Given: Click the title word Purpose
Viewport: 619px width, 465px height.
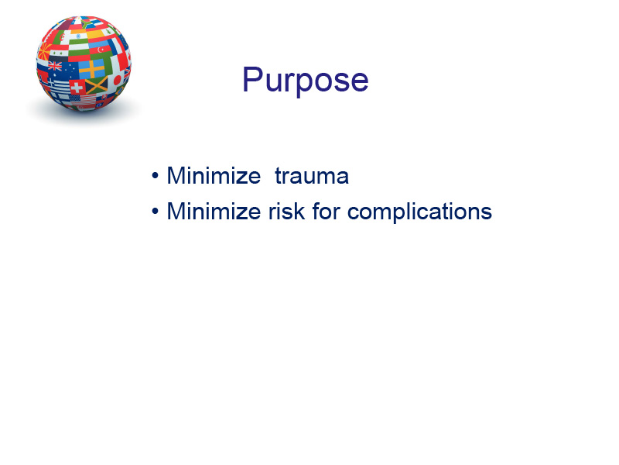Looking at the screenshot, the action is (x=305, y=81).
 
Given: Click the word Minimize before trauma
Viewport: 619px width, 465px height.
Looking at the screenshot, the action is (x=214, y=176).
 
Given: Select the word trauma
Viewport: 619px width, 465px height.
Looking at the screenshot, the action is (x=312, y=177).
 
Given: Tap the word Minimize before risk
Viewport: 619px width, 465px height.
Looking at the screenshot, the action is (x=214, y=211).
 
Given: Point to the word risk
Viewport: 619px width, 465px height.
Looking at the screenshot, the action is (x=286, y=211).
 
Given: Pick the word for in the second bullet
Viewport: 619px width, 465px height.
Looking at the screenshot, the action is (x=326, y=211).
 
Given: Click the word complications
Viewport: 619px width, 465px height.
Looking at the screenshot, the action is (x=419, y=212).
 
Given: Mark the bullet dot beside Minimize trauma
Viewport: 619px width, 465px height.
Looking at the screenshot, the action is (x=156, y=176).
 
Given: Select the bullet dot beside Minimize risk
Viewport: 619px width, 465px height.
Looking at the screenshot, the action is (x=156, y=212).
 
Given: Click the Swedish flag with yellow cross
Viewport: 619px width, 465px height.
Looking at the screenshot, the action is (x=92, y=70).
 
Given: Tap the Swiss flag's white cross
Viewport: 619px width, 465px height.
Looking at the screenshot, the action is (x=77, y=87).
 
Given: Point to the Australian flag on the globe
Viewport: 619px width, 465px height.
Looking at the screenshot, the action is (x=63, y=70).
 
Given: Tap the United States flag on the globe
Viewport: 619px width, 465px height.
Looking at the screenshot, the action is (x=82, y=100).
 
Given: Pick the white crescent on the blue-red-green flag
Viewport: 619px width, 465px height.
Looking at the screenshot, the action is (x=101, y=50).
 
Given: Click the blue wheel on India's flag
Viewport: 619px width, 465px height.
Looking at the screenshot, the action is (x=79, y=36).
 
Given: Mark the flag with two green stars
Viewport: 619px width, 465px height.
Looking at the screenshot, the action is (x=57, y=53).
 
